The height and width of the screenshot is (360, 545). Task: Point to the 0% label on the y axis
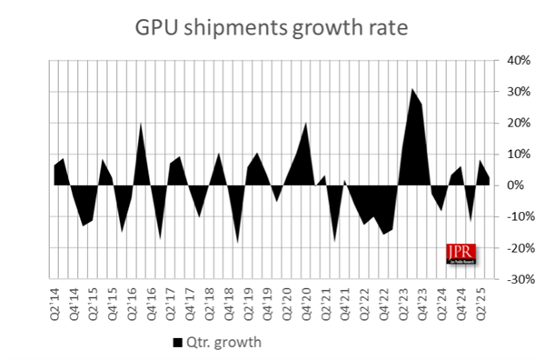coord(514,185)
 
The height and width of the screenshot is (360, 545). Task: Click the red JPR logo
coord(461,254)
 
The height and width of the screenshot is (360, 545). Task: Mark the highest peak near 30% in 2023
coord(411,89)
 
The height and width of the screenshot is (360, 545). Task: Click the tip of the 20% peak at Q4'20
coord(305,123)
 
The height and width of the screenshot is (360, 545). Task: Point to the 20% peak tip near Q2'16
coord(141,123)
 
